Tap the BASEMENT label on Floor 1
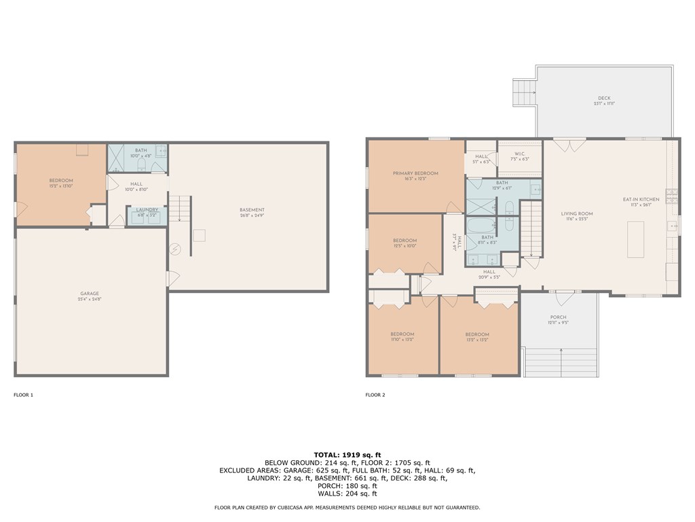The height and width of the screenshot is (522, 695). (252, 209)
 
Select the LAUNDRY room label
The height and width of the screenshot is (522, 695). (147, 209)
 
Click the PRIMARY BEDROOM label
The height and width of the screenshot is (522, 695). (415, 173)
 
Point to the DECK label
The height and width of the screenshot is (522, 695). (604, 99)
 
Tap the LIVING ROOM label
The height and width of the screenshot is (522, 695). (577, 214)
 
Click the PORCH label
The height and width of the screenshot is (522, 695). (558, 317)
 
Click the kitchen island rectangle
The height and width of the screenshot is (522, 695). (635, 239)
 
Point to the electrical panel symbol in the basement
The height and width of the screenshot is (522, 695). (175, 249)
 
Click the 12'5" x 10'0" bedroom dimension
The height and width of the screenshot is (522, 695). (405, 246)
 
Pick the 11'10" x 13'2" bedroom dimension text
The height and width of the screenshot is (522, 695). (402, 340)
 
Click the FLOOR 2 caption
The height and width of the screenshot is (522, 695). (375, 395)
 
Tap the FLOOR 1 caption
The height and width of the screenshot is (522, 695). (23, 395)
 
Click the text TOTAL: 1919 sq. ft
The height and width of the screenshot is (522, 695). (347, 454)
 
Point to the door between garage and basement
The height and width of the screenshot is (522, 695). (172, 278)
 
